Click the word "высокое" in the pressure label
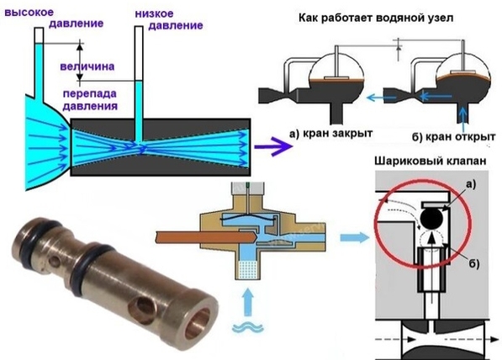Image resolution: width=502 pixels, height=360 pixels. click(29, 13)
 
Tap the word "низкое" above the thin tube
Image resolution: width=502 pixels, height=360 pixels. click(154, 13)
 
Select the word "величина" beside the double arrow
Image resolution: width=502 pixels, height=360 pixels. click(87, 66)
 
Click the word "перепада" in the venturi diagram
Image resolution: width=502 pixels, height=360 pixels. click(90, 94)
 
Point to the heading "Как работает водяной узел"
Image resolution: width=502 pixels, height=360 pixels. click(376, 18)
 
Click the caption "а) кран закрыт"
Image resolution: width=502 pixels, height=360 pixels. click(331, 133)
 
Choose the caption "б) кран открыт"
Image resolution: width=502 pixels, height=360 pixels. click(454, 137)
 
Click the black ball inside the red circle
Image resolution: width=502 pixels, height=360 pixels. click(432, 219)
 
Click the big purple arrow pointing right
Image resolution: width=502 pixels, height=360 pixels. click(274, 146)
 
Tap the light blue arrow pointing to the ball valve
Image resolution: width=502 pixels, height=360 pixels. click(355, 238)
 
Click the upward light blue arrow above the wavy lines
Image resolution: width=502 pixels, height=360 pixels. click(248, 303)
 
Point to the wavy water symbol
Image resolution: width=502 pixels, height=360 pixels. click(248, 327)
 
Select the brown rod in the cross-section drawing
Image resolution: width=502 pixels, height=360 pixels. click(205, 237)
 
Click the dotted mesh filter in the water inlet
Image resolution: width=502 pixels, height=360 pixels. click(248, 269)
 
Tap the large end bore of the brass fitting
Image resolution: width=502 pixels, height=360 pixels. click(198, 322)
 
